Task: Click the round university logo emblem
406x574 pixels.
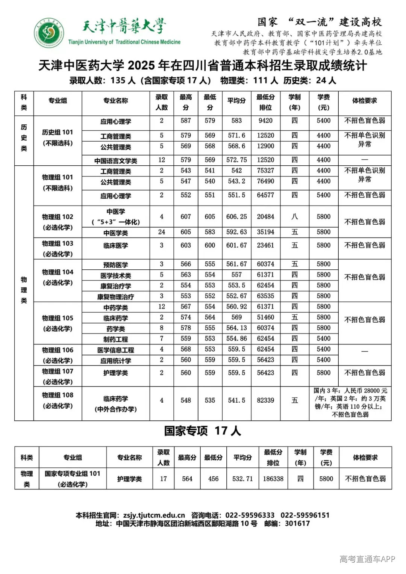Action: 49,33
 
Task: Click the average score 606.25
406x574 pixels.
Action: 236,217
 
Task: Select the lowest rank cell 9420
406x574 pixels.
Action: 265,121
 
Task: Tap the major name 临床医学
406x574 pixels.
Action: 116,246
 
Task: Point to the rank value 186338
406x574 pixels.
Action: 273,479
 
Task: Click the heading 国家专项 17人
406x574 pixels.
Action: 202,431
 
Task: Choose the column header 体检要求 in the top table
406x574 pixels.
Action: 364,101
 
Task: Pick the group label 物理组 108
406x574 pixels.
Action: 58,395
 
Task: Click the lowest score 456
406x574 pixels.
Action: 213,479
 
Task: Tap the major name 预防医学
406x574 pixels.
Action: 116,265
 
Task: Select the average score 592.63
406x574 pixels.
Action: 236,232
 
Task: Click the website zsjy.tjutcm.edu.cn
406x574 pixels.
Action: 154,515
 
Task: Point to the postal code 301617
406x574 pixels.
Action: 297,523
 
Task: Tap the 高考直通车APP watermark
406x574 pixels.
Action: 367,559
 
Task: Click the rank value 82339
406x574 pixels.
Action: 265,400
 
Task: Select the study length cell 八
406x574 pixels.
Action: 295,217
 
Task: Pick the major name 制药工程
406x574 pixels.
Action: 116,339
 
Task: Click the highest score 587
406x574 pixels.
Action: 186,121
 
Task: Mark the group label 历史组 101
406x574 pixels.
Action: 58,132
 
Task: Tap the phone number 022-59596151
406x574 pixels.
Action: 305,515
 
